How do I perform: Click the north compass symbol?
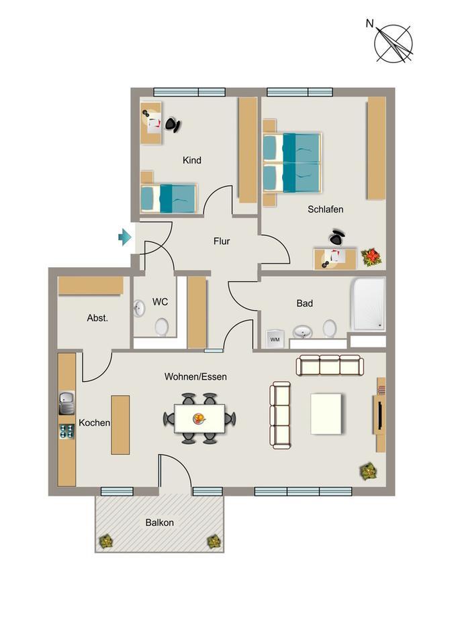(394, 43)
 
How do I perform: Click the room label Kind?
(192, 160)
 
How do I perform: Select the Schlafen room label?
(326, 209)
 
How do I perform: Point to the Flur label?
(222, 241)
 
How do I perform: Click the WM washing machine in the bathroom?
(275, 338)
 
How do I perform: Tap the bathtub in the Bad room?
(368, 304)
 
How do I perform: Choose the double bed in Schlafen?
(292, 162)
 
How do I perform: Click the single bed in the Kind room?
(169, 198)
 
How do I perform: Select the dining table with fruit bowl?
(199, 419)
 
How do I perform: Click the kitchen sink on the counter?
(66, 403)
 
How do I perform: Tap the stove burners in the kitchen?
(66, 431)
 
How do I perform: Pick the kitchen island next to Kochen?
(120, 425)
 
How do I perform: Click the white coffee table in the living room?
(326, 413)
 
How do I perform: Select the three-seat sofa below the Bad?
(330, 366)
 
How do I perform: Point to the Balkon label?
(159, 523)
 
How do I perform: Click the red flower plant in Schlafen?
(371, 256)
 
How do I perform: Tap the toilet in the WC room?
(162, 327)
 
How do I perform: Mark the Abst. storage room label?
(97, 318)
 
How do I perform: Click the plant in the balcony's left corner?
(105, 540)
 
